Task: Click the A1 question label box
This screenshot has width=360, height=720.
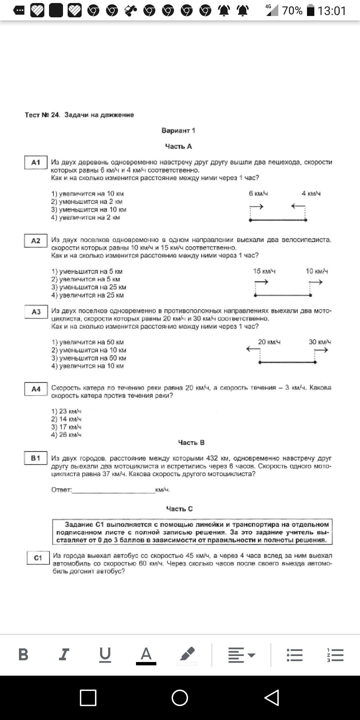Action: coord(36,163)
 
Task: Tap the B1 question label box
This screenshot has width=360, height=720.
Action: coord(36,458)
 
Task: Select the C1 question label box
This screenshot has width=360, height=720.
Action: coord(38,558)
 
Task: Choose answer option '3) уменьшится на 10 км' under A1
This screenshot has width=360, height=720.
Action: coord(89,210)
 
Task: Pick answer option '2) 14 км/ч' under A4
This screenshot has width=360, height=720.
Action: coord(66,419)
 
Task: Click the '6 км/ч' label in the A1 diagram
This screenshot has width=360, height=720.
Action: coord(258,193)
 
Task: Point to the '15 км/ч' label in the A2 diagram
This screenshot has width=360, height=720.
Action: coord(264,271)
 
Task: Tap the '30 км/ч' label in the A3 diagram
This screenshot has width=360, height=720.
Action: coord(320,342)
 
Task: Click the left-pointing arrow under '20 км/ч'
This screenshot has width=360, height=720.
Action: coord(253,349)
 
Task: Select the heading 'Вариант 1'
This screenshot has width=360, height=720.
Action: coord(178,131)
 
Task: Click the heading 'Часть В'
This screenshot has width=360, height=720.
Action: coord(191,443)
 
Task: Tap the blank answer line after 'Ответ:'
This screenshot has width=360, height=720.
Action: coord(113,490)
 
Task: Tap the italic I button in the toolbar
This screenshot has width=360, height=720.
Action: coord(64,654)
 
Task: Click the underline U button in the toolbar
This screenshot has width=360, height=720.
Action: coord(105,654)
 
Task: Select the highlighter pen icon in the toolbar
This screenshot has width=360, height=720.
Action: coord(187,654)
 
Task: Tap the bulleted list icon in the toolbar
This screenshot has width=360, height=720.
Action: coord(295,655)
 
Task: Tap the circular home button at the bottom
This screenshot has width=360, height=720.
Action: coord(180,698)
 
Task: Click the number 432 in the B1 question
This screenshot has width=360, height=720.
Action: coord(212,458)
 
